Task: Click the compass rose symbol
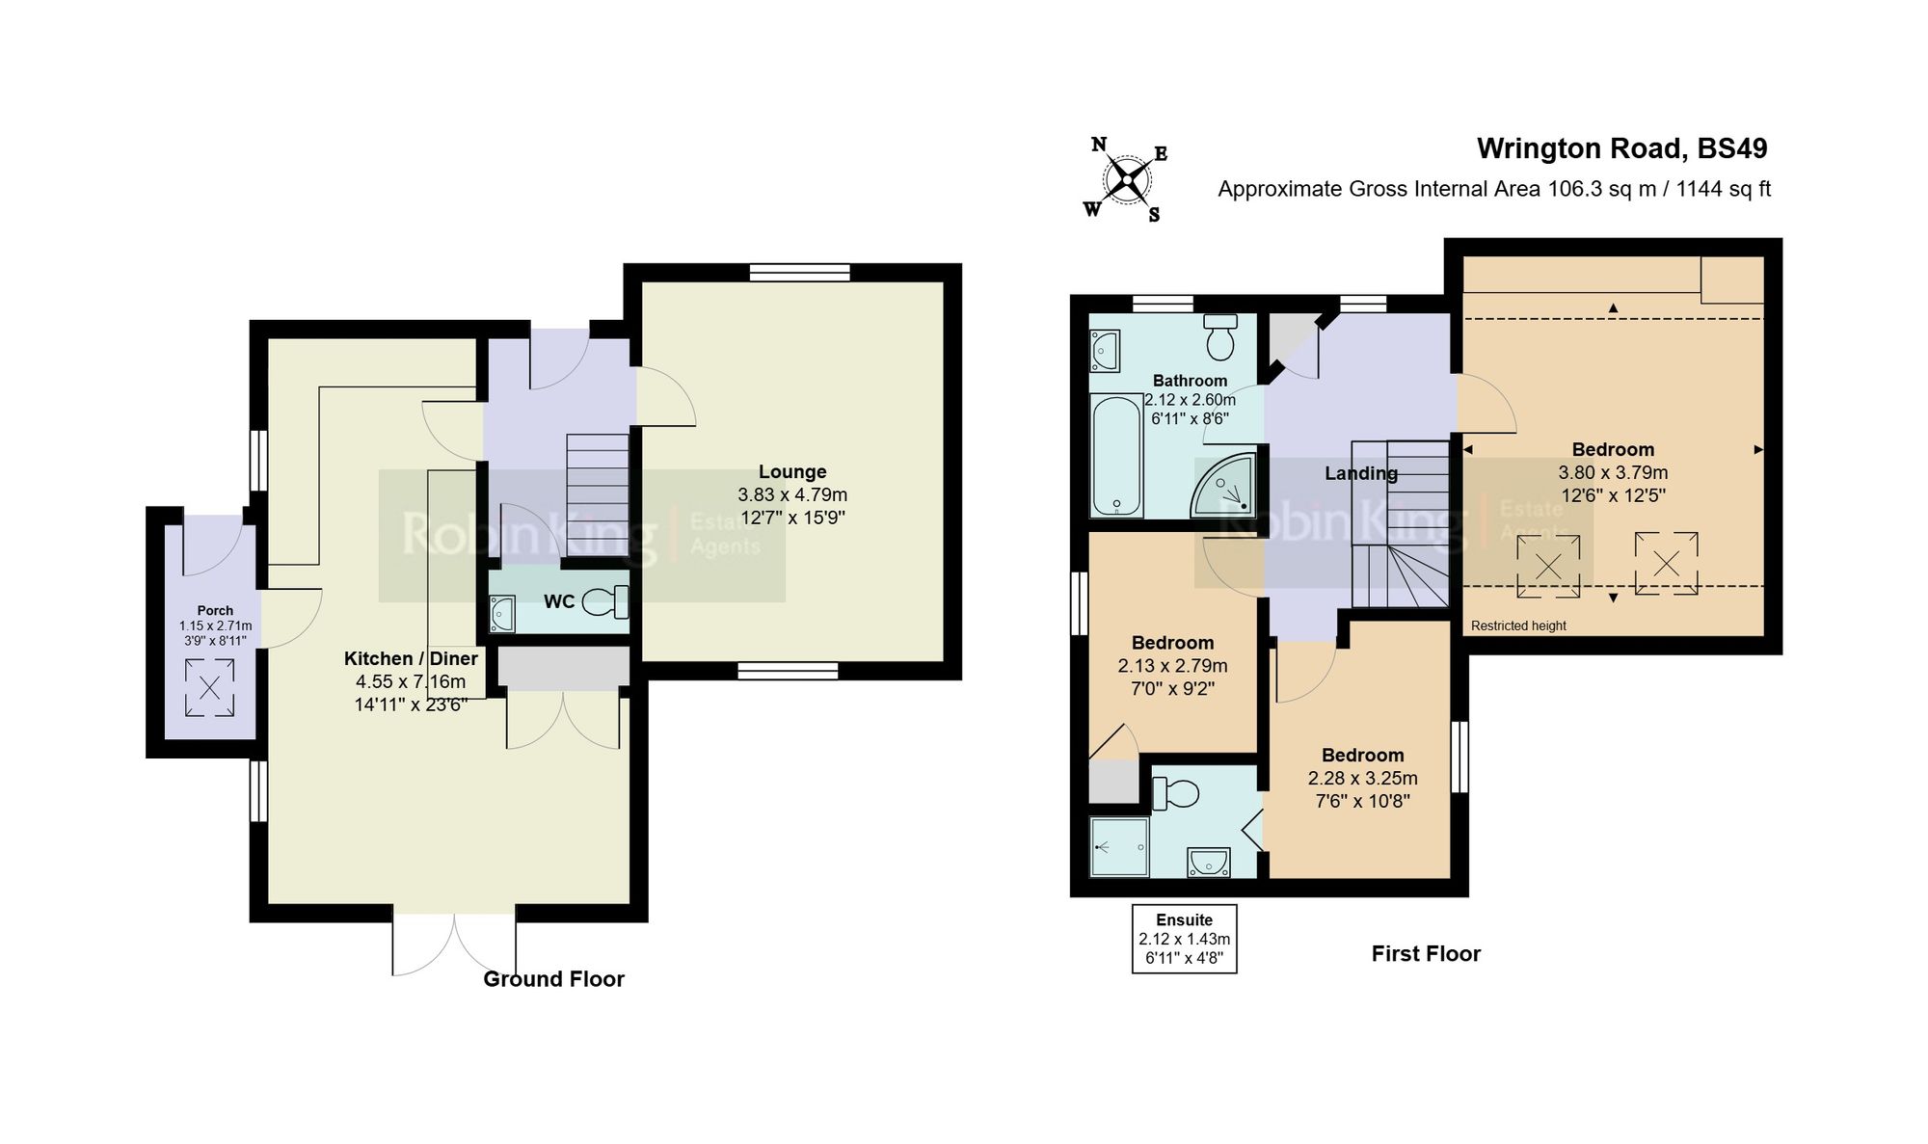tap(1125, 179)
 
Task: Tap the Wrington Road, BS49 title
tap(1621, 148)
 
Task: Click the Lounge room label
tap(791, 472)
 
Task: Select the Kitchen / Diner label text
tap(411, 658)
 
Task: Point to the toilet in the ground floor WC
tap(606, 602)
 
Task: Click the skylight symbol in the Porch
tap(209, 687)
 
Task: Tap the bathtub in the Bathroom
tap(1116, 456)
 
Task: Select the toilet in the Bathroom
tap(1221, 336)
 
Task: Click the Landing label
tap(1360, 473)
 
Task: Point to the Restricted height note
tap(1518, 625)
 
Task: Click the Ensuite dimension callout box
tap(1184, 939)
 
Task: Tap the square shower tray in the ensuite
tap(1119, 847)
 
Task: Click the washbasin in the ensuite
tap(1208, 862)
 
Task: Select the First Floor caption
tap(1426, 954)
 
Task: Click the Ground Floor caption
tap(553, 979)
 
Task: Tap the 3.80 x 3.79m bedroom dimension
tap(1613, 473)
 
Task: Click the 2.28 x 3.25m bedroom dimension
tap(1362, 779)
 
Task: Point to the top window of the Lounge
tap(799, 274)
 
